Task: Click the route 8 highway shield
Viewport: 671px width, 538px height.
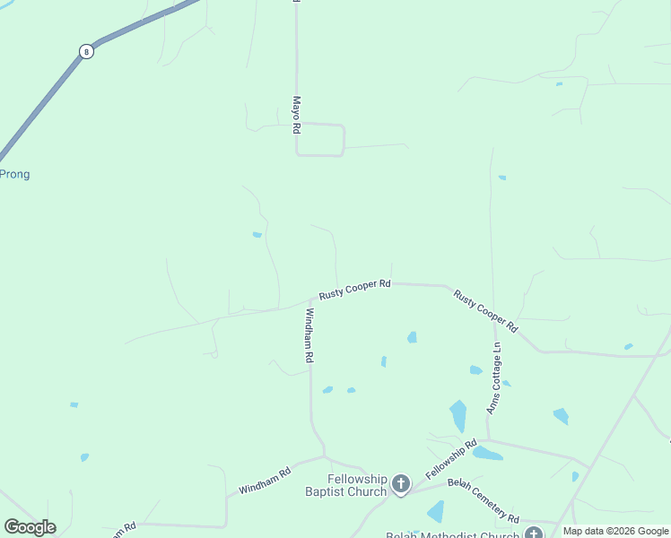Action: pyautogui.click(x=86, y=51)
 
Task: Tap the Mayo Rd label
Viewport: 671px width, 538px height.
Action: pyautogui.click(x=295, y=116)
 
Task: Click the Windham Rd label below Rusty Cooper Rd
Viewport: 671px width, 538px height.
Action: pyautogui.click(x=309, y=335)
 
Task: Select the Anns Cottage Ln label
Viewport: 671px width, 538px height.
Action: pyautogui.click(x=494, y=377)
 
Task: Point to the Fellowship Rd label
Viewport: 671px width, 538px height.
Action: pyautogui.click(x=450, y=458)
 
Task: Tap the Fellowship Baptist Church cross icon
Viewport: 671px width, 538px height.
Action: pyautogui.click(x=400, y=485)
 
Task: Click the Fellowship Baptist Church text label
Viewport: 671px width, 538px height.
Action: pyautogui.click(x=345, y=485)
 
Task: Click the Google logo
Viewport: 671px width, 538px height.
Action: pyautogui.click(x=30, y=527)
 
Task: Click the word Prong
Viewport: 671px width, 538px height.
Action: pyautogui.click(x=14, y=174)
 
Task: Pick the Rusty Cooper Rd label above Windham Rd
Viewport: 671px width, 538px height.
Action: pyautogui.click(x=354, y=289)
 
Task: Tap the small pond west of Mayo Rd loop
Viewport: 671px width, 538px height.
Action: pyautogui.click(x=257, y=235)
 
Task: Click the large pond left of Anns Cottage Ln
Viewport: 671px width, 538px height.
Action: pyautogui.click(x=458, y=416)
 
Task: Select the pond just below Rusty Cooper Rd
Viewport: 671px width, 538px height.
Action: pyautogui.click(x=412, y=337)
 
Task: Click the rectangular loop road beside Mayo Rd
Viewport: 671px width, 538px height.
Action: pyautogui.click(x=320, y=140)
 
